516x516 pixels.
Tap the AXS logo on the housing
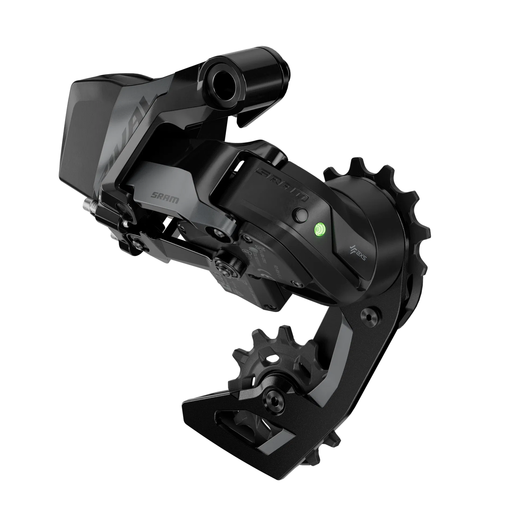click(x=353, y=253)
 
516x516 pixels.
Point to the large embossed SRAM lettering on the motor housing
click(x=282, y=183)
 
